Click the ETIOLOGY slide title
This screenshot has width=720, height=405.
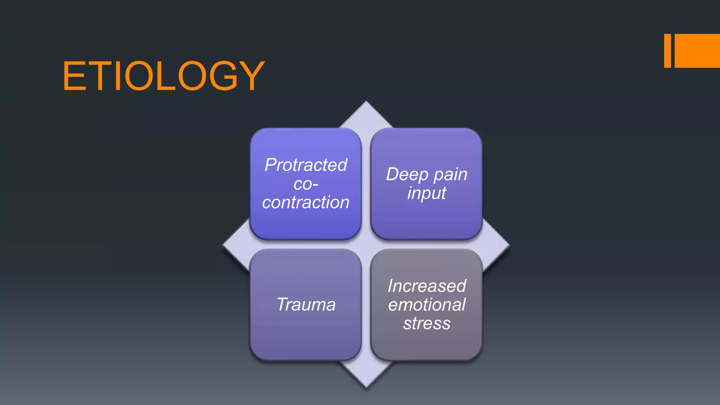[x=163, y=76]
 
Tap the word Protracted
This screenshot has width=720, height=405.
[x=306, y=165]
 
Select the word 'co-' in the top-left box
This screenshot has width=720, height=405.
[x=306, y=184]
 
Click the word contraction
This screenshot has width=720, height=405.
[x=306, y=202]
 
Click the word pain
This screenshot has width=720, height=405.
[x=450, y=175]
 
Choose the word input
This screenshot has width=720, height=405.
[x=426, y=193]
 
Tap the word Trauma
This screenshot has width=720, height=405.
[x=306, y=304]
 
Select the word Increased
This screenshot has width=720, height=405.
[x=427, y=286]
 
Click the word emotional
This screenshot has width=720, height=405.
[x=427, y=304]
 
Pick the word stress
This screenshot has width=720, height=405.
[x=427, y=323]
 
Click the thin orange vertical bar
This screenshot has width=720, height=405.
[x=667, y=51]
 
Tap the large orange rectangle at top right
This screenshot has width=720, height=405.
[x=697, y=51]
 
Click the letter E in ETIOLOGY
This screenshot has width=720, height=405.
[x=75, y=76]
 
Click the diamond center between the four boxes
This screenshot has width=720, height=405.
[x=366, y=244]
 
